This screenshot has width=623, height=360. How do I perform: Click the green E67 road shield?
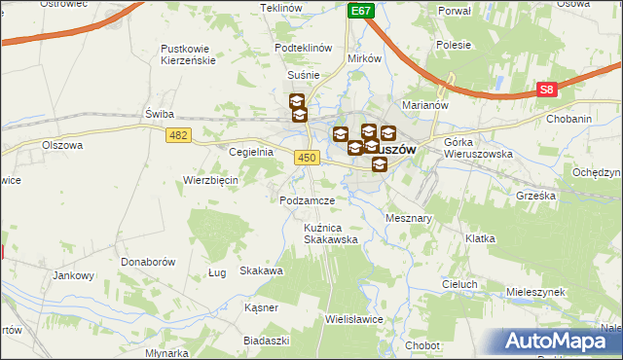click(361, 10)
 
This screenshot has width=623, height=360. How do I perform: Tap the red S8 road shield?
click(548, 90)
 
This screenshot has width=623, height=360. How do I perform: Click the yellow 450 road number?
click(308, 157)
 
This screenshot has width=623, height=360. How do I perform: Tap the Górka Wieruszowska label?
click(477, 148)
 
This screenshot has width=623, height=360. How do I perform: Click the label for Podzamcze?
click(307, 199)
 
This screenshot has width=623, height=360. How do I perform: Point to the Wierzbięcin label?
click(211, 180)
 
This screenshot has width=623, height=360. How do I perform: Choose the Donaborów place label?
click(147, 263)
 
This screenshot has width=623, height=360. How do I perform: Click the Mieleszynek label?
click(536, 292)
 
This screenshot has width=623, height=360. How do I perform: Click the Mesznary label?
click(409, 219)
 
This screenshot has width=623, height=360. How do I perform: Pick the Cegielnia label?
click(250, 153)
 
